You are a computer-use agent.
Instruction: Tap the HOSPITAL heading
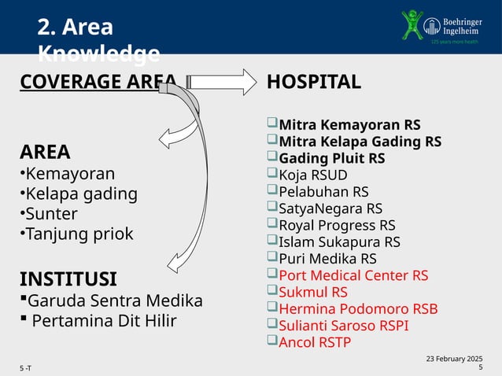coord(314,82)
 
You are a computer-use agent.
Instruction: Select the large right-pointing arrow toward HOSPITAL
coord(222,82)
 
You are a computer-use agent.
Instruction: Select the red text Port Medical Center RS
coord(353,275)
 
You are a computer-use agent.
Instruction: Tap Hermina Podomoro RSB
coord(358,309)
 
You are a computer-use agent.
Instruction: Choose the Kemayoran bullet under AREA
coord(69,173)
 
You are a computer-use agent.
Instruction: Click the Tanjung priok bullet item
coord(78,234)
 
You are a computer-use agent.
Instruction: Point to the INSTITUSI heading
coord(68,278)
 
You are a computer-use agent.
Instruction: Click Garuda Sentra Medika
coord(115,300)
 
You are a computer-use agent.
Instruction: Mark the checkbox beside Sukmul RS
coord(271,291)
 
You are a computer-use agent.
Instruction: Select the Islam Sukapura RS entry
coord(339,241)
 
